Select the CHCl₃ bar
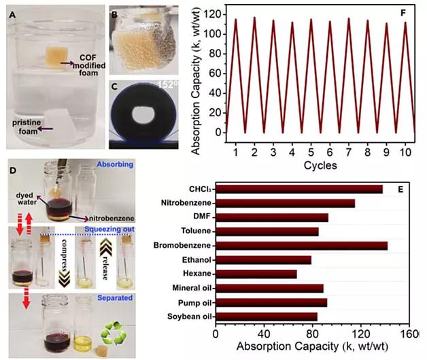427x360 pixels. pos(298,189)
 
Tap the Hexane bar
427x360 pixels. pos(256,274)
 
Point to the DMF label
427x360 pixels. pos(199,217)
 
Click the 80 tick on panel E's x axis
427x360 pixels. pos(312,334)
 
